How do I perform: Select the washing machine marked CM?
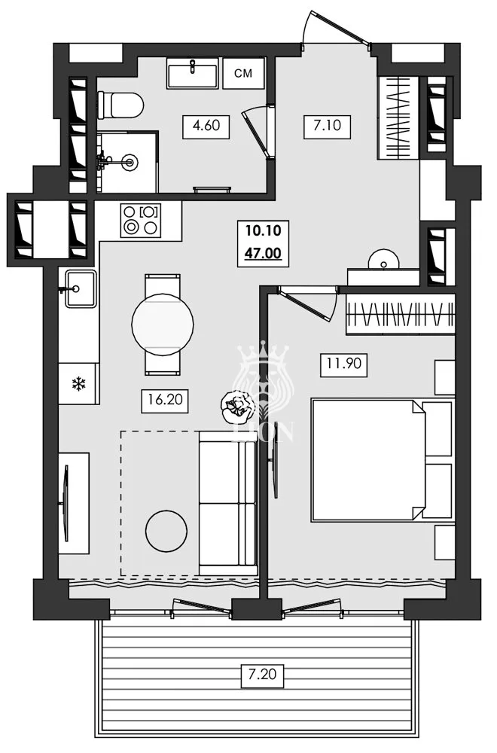pos(242,73)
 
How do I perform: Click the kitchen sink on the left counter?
pos(78,288)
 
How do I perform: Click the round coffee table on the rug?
pos(166,531)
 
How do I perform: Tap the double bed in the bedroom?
pos(381,460)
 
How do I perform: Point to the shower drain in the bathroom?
pos(133,161)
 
